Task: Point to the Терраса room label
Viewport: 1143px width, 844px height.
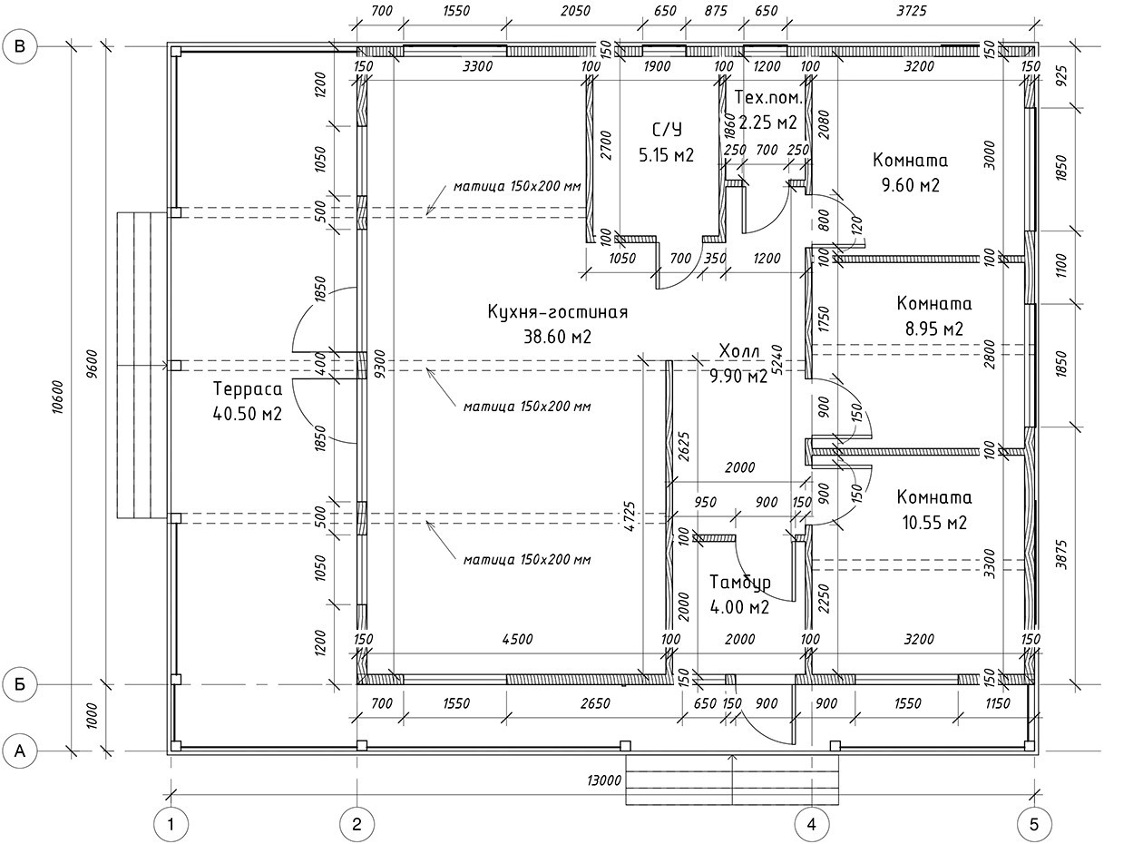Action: point(248,389)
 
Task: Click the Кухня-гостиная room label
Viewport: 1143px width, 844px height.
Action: point(557,312)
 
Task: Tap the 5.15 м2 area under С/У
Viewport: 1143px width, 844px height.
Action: point(666,155)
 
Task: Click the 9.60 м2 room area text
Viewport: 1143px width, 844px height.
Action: point(910,185)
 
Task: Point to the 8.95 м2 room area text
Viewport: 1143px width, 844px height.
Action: point(933,329)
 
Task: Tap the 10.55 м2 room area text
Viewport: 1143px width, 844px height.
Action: point(933,523)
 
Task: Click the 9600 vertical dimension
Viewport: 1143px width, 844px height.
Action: point(94,363)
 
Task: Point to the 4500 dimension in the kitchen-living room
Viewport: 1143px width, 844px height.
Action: point(516,639)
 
